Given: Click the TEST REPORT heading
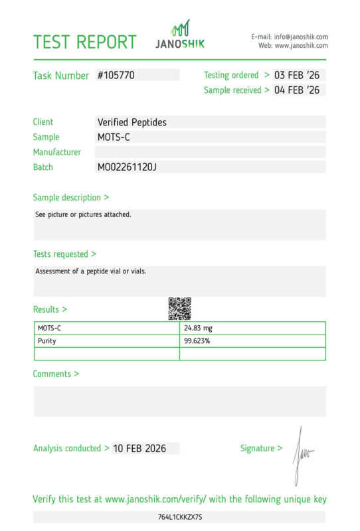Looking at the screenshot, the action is pyautogui.click(x=84, y=42).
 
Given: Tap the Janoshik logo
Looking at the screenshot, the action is pyautogui.click(x=180, y=35).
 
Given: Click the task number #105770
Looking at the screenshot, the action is pyautogui.click(x=116, y=75).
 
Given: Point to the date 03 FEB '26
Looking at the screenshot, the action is pyautogui.click(x=297, y=75).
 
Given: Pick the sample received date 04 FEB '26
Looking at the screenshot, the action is pyautogui.click(x=297, y=90).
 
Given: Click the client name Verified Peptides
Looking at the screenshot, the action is pyautogui.click(x=132, y=122).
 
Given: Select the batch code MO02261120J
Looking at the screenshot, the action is pyautogui.click(x=127, y=167).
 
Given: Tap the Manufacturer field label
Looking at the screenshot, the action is pyautogui.click(x=57, y=152).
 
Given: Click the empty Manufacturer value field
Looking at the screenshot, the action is pyautogui.click(x=210, y=152).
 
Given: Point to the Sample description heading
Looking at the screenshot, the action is pyautogui.click(x=71, y=197).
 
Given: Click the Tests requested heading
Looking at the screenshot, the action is pyautogui.click(x=64, y=254).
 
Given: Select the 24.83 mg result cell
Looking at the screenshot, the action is pyautogui.click(x=199, y=328).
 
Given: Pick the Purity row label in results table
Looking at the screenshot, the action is pyautogui.click(x=47, y=341).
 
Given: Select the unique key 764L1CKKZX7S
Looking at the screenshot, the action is pyautogui.click(x=180, y=517).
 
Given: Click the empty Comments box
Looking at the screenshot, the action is pyautogui.click(x=180, y=401).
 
